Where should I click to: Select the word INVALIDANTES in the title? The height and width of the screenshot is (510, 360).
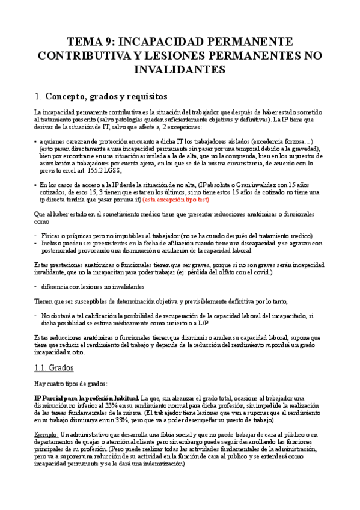[180, 69]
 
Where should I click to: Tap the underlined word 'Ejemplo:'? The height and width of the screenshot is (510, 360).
[48, 434]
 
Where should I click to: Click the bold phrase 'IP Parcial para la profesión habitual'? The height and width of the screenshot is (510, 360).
[86, 398]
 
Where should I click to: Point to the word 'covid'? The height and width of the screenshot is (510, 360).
[258, 272]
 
